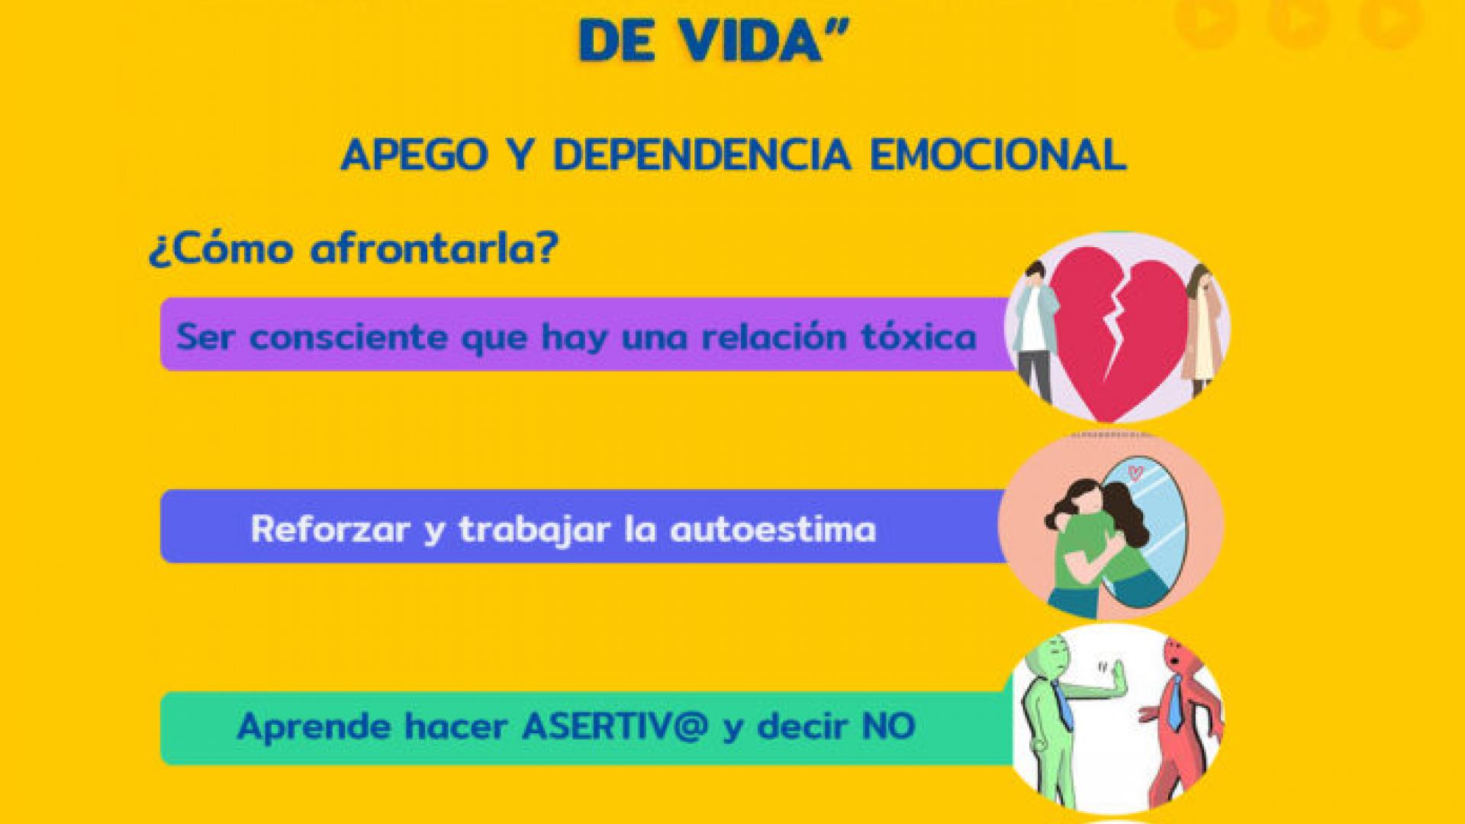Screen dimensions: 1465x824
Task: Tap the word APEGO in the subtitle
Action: pyautogui.click(x=414, y=156)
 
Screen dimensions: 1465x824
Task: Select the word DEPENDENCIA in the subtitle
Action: pyautogui.click(x=701, y=156)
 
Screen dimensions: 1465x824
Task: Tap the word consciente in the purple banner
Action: pyautogui.click(x=350, y=336)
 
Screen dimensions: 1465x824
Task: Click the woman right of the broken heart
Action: pyautogui.click(x=1201, y=332)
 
